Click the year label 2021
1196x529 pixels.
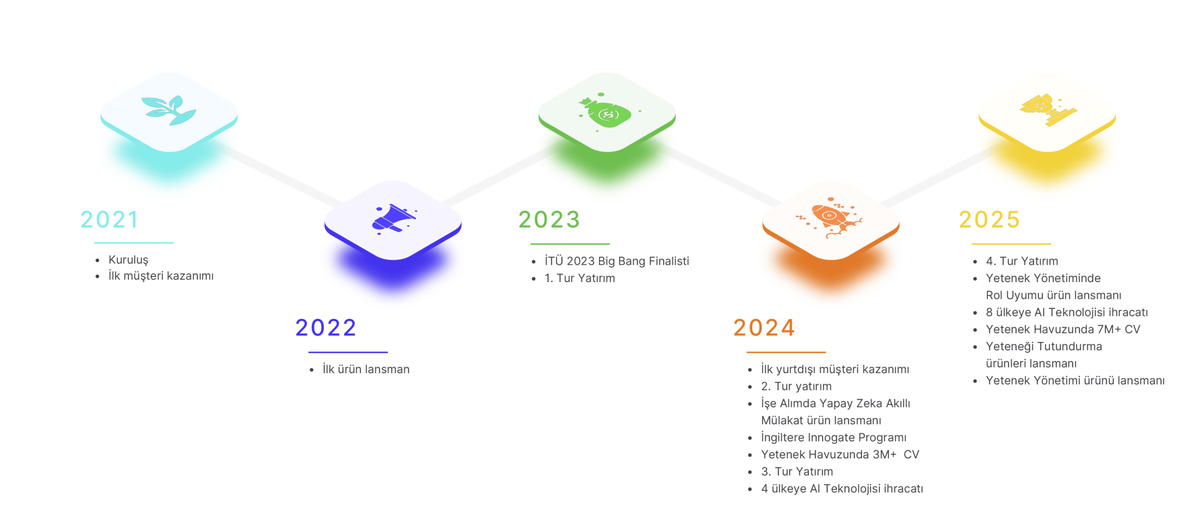109,219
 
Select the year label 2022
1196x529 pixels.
326,327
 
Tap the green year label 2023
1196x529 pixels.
549,219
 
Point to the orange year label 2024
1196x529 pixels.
763,327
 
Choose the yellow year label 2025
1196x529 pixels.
989,219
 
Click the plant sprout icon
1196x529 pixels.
169,111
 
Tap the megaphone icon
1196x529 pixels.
393,219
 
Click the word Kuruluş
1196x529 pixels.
128,260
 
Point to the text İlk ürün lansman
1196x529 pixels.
366,369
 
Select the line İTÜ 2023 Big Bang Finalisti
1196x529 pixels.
617,261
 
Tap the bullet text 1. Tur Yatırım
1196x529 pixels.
579,278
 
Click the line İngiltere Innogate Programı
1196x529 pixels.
833,437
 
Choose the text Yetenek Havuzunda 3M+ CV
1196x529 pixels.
840,454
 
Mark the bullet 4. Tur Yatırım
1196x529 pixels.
1022,261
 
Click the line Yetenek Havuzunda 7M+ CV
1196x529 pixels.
1063,329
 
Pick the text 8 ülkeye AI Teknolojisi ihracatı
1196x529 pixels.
1067,312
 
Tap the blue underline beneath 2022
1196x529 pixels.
348,353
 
